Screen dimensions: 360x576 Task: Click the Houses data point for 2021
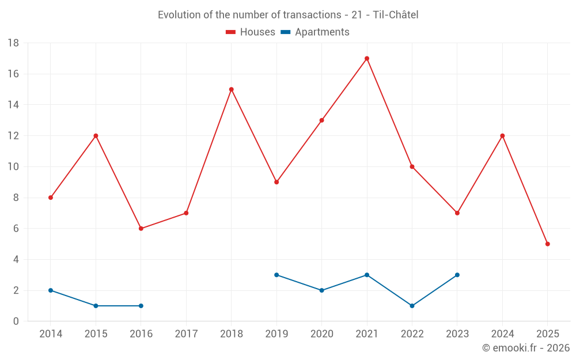(x=367, y=58)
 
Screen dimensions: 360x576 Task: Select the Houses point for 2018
(x=232, y=89)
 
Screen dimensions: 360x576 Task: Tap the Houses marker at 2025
(x=548, y=244)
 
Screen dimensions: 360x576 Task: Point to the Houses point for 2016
(x=141, y=229)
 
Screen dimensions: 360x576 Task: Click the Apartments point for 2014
(x=51, y=290)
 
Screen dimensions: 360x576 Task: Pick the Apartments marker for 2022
(x=412, y=306)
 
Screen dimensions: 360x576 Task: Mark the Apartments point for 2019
(x=276, y=275)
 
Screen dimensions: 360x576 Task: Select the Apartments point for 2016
(x=141, y=306)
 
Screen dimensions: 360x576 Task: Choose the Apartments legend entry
(x=322, y=32)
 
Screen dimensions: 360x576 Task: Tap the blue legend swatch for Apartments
(x=285, y=32)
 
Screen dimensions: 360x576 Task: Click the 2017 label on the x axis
(x=186, y=334)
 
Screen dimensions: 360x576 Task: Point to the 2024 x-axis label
(x=502, y=334)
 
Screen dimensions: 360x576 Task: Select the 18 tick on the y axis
(x=13, y=43)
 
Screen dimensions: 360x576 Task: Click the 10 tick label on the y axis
(x=13, y=167)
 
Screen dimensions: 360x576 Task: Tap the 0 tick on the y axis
(x=16, y=321)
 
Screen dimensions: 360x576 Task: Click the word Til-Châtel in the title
(x=396, y=15)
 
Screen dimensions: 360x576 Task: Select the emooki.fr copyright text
(x=526, y=348)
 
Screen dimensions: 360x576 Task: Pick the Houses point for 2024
(x=502, y=136)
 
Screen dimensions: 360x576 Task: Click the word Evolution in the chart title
(x=179, y=15)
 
